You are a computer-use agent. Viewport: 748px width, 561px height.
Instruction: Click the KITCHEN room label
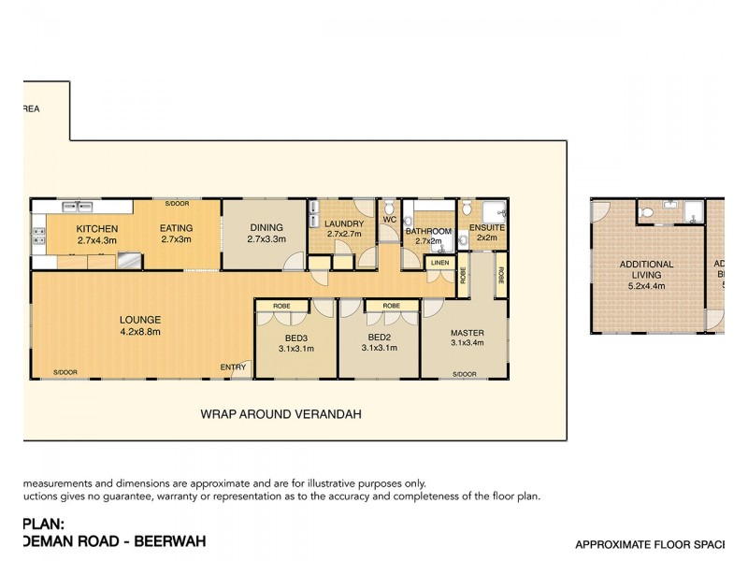click(96, 228)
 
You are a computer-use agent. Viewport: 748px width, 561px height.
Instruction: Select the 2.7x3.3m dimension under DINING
click(265, 239)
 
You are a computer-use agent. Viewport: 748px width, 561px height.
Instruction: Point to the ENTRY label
click(233, 367)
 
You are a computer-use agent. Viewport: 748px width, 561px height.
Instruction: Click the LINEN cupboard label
click(439, 264)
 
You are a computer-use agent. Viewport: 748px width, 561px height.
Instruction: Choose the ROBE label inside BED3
click(280, 306)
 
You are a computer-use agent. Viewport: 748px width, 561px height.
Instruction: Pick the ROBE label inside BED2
click(391, 306)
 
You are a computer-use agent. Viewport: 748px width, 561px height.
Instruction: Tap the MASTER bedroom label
click(466, 333)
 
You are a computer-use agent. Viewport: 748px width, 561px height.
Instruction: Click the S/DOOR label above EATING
click(176, 204)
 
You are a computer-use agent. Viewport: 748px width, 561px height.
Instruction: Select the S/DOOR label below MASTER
click(465, 374)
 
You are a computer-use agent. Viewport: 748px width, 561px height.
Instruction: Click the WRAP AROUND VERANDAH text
click(281, 413)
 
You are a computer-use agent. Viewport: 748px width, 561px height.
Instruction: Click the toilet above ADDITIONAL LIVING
click(647, 213)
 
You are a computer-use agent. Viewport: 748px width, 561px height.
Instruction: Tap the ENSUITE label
click(487, 227)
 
